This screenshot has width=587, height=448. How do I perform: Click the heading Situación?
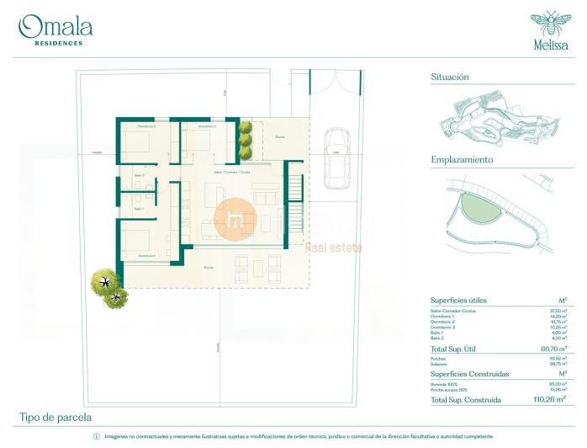[x=449, y=77]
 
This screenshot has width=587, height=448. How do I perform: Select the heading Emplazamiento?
[x=462, y=159]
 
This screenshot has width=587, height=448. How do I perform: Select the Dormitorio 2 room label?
[x=147, y=126]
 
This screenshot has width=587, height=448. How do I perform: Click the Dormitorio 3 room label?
[x=201, y=126]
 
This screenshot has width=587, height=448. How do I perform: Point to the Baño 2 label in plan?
[x=139, y=175]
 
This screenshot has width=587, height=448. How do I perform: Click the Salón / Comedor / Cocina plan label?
[x=231, y=171]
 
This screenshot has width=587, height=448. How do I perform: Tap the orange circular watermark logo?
[x=235, y=221]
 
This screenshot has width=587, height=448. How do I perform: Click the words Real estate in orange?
[x=333, y=248]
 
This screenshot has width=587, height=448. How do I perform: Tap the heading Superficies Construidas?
[x=472, y=373]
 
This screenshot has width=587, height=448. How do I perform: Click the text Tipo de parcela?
[x=56, y=417]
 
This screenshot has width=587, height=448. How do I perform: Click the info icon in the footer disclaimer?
[x=96, y=437]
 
